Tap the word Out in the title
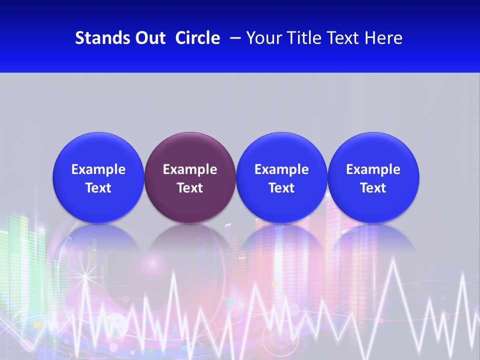point(150,38)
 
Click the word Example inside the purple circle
point(190,169)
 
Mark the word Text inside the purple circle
point(190,188)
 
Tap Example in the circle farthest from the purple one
point(373,169)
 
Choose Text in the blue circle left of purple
point(98,188)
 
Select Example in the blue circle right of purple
point(281,169)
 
